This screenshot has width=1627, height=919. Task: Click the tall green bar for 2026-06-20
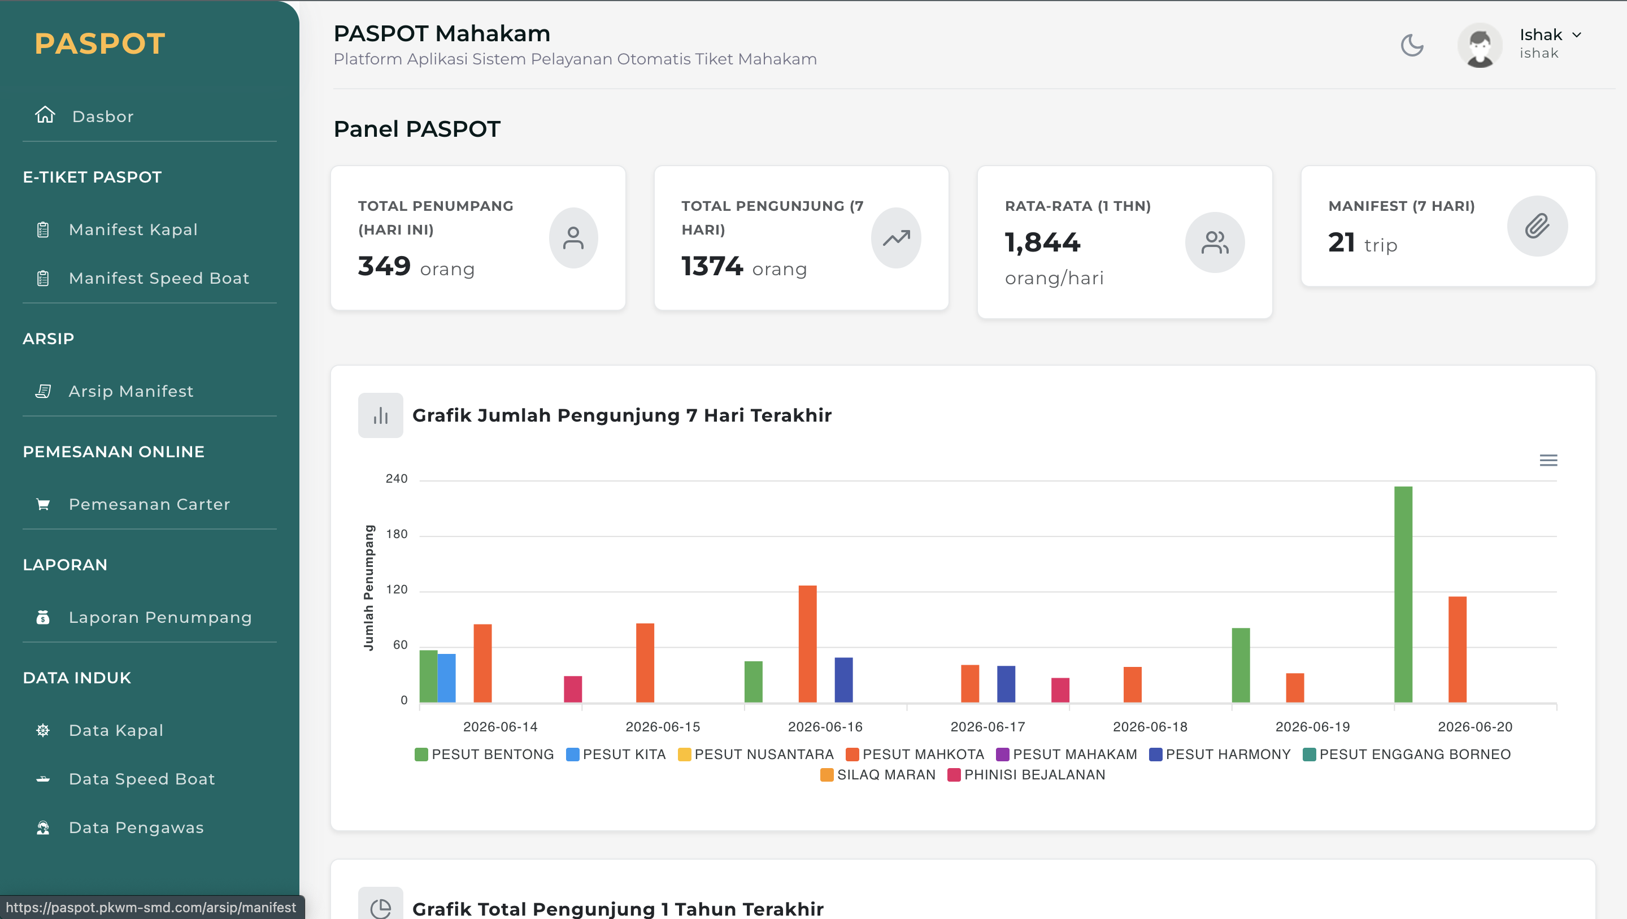pos(1403,594)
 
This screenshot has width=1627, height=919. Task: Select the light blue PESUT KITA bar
pos(446,678)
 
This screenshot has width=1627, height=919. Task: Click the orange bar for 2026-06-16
pos(807,643)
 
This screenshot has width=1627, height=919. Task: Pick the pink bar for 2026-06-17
pos(1060,690)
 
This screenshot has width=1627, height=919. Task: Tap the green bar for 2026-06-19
pos(1241,665)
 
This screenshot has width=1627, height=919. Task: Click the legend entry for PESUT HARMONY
pos(1220,754)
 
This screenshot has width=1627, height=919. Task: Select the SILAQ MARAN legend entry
pos(878,774)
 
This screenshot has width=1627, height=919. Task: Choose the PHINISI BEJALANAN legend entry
pos(1026,774)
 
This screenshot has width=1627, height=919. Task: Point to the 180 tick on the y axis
pos(397,534)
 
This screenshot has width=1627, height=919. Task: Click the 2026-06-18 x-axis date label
pos(1150,727)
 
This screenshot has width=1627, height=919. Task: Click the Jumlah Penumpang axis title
pos(369,588)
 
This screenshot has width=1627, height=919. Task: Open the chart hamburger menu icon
pos(1548,460)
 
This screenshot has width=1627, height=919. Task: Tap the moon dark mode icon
pos(1412,46)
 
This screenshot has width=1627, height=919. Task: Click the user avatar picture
pos(1480,46)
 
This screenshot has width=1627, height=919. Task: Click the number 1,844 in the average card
pos(1043,242)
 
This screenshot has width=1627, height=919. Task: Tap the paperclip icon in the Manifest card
pos(1537,226)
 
